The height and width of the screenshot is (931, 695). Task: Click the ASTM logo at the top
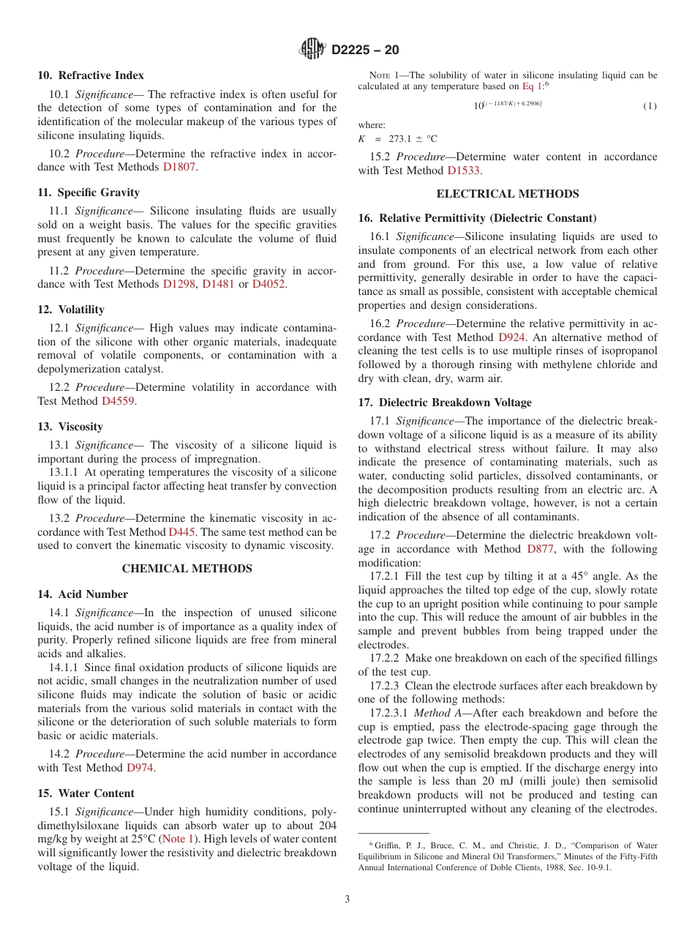point(312,49)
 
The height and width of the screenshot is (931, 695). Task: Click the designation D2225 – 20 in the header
point(365,50)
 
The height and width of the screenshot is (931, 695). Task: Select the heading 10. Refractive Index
point(91,75)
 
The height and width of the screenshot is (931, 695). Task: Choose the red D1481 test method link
point(218,284)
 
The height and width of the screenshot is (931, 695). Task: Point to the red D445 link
point(181,532)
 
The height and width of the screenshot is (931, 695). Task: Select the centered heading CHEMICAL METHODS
point(187,569)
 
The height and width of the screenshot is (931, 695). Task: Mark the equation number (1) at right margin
point(650,106)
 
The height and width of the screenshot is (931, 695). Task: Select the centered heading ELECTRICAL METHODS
point(507,194)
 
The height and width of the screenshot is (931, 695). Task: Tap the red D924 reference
point(511,337)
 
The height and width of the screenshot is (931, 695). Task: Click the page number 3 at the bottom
point(347,899)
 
